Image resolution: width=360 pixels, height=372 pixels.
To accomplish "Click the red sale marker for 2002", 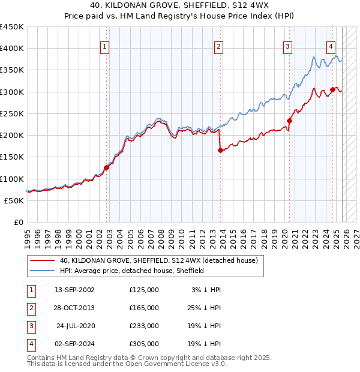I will (x=107, y=168).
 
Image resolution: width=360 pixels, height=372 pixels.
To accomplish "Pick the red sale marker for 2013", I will (x=220, y=151).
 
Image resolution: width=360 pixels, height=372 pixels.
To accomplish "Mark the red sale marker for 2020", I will (x=289, y=121).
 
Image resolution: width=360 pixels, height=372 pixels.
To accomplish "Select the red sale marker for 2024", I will (x=332, y=89).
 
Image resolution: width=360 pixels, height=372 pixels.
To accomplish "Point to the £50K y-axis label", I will (x=14, y=200).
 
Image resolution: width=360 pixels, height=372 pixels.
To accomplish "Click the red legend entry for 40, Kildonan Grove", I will (x=158, y=260).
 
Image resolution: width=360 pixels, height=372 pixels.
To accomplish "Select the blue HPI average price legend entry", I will (x=132, y=271).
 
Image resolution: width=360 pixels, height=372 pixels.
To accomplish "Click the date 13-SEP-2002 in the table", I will (x=74, y=290).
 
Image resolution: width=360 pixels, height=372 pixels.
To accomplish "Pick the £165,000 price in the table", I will (x=144, y=308).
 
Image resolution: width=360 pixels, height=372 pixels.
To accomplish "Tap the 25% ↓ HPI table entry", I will (x=203, y=308).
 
